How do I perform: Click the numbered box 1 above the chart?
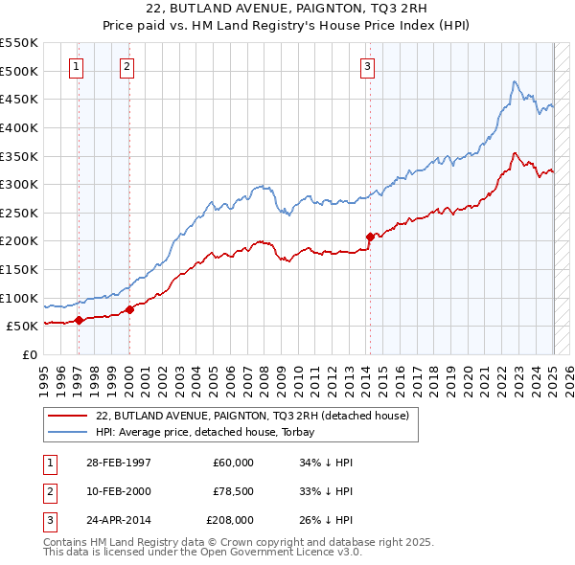click(76, 66)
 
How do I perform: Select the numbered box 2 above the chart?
click(126, 66)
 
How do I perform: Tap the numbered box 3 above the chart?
click(368, 66)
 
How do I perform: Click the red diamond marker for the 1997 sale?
click(80, 320)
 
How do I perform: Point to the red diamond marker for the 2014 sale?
click(370, 236)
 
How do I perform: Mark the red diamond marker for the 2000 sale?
click(129, 308)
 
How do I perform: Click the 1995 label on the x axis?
click(43, 374)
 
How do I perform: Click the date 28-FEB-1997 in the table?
click(118, 463)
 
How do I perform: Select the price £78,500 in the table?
click(231, 491)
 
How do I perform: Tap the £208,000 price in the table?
click(229, 520)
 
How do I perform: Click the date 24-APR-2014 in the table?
click(118, 520)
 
